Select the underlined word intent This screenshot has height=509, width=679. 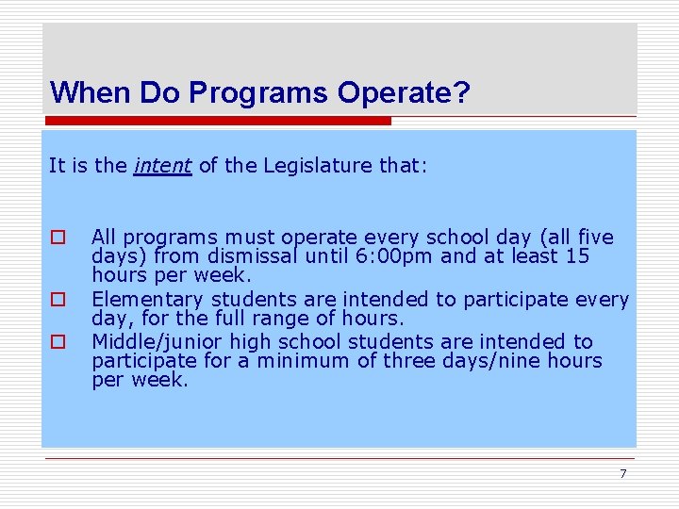(163, 166)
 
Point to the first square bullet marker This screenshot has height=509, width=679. (58, 238)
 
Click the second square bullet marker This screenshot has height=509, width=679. (58, 299)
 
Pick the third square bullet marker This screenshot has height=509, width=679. (58, 341)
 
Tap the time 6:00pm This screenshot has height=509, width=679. (371, 255)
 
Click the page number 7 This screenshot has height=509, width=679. (622, 473)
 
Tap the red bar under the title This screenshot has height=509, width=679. (217, 121)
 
